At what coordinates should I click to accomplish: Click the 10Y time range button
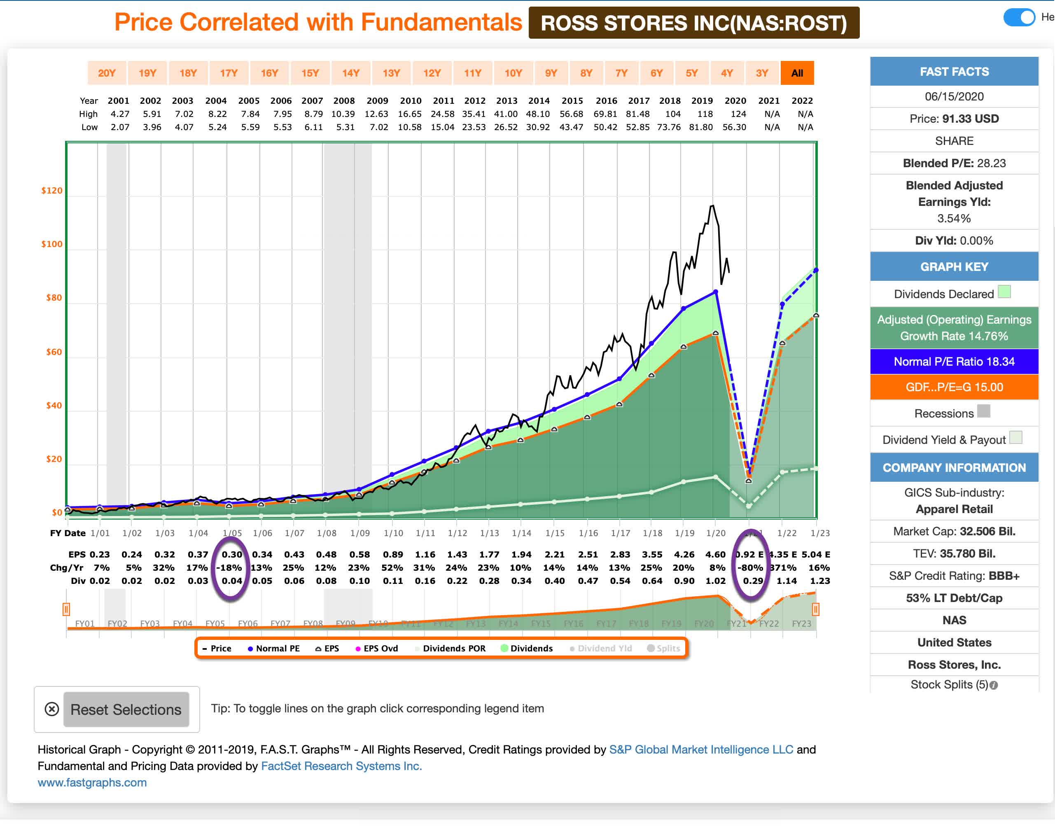pos(513,73)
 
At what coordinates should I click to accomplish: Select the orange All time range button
pos(796,73)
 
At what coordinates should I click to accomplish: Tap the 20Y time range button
pos(107,73)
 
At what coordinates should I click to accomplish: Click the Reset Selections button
pos(126,709)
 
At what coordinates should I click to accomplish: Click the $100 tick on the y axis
pos(52,244)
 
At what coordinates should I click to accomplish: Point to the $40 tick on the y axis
pos(54,405)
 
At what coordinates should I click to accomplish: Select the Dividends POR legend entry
pos(450,648)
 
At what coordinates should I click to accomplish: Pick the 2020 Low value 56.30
pos(734,127)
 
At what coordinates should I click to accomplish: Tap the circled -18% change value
pos(229,568)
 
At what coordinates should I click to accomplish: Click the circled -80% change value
pos(749,568)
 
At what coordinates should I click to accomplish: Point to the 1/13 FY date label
pos(489,533)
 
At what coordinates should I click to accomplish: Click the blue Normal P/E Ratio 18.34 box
pos(953,362)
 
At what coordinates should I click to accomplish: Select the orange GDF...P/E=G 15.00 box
pos(953,387)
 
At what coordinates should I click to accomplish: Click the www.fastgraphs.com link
pos(92,782)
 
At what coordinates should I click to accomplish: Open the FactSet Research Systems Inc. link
pos(341,765)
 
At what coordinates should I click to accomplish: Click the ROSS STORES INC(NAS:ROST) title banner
pos(693,23)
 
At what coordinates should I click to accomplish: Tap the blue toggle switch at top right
pos(1018,17)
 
